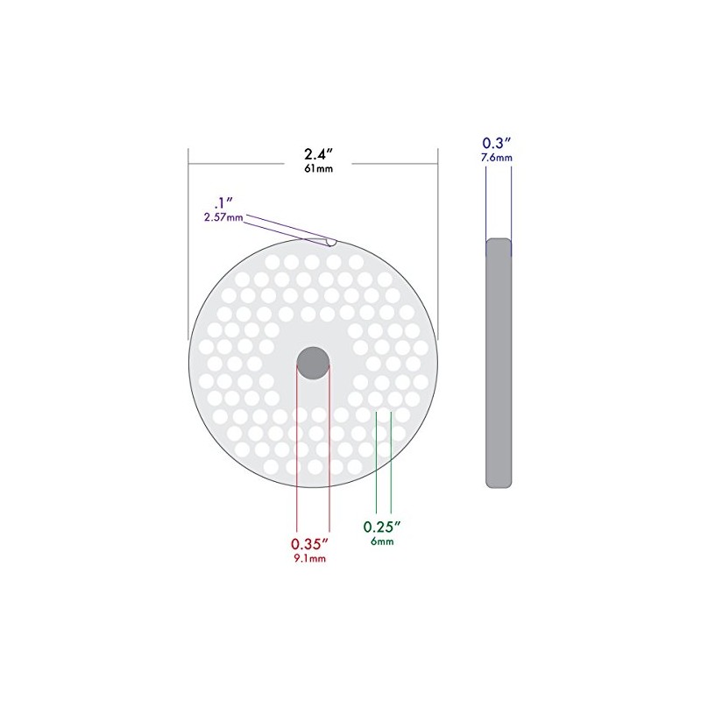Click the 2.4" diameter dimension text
click(313, 153)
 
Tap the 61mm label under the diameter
click(314, 169)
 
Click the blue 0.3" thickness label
click(497, 143)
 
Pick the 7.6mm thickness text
click(497, 158)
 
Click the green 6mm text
click(382, 542)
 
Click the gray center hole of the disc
click(313, 361)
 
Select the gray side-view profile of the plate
click(499, 363)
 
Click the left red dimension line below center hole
click(298, 456)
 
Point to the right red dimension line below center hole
click(329, 456)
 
